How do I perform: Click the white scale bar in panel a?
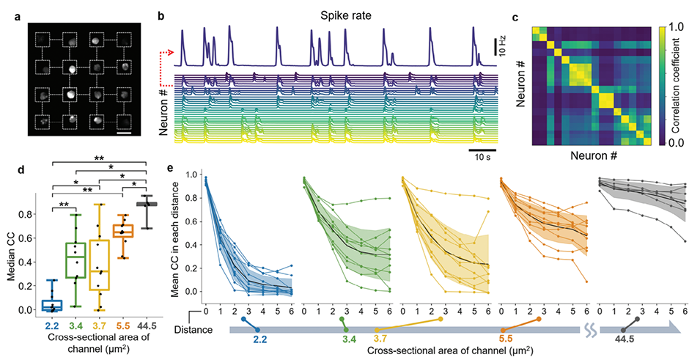(x=124, y=134)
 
